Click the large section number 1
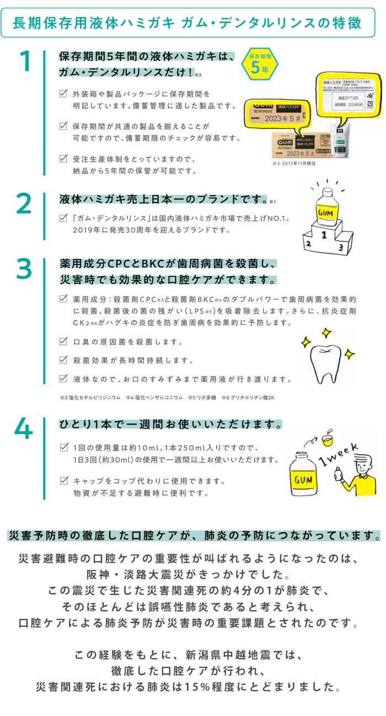pyautogui.click(x=25, y=62)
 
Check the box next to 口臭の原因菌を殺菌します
pyautogui.click(x=63, y=341)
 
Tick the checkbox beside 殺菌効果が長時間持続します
pyautogui.click(x=63, y=360)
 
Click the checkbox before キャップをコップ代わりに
pyautogui.click(x=63, y=481)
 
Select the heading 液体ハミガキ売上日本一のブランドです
pyautogui.click(x=163, y=198)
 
